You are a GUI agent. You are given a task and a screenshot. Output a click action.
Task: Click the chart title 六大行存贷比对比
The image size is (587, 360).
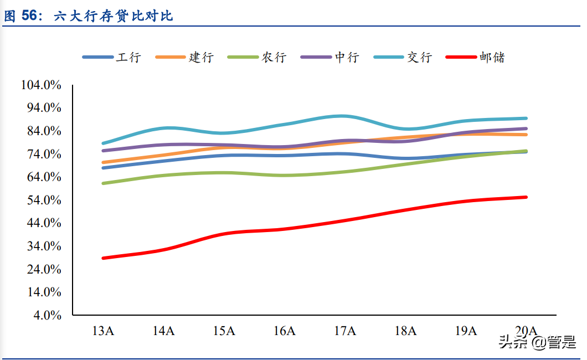[113, 16]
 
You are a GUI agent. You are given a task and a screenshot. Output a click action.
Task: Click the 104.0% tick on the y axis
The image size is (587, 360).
[40, 85]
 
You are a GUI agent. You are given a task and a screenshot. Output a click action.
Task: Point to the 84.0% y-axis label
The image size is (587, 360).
[43, 131]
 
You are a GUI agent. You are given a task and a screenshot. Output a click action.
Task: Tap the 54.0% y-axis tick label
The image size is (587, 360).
[43, 200]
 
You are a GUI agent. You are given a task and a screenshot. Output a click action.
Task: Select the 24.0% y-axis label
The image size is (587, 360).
[43, 269]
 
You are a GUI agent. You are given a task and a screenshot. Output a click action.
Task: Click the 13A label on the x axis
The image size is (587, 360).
[103, 331]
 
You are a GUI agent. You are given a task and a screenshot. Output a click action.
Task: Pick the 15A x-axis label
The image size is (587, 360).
[224, 331]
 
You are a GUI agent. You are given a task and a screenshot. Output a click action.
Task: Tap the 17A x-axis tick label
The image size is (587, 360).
[345, 331]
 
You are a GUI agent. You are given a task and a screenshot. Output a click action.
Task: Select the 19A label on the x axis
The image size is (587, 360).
[466, 331]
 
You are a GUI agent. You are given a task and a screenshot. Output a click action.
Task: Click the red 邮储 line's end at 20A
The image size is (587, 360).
[526, 197]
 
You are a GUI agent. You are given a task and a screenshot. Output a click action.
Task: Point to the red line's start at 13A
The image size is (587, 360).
[104, 258]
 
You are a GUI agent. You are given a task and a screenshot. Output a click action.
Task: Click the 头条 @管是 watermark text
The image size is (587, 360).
[537, 342]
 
